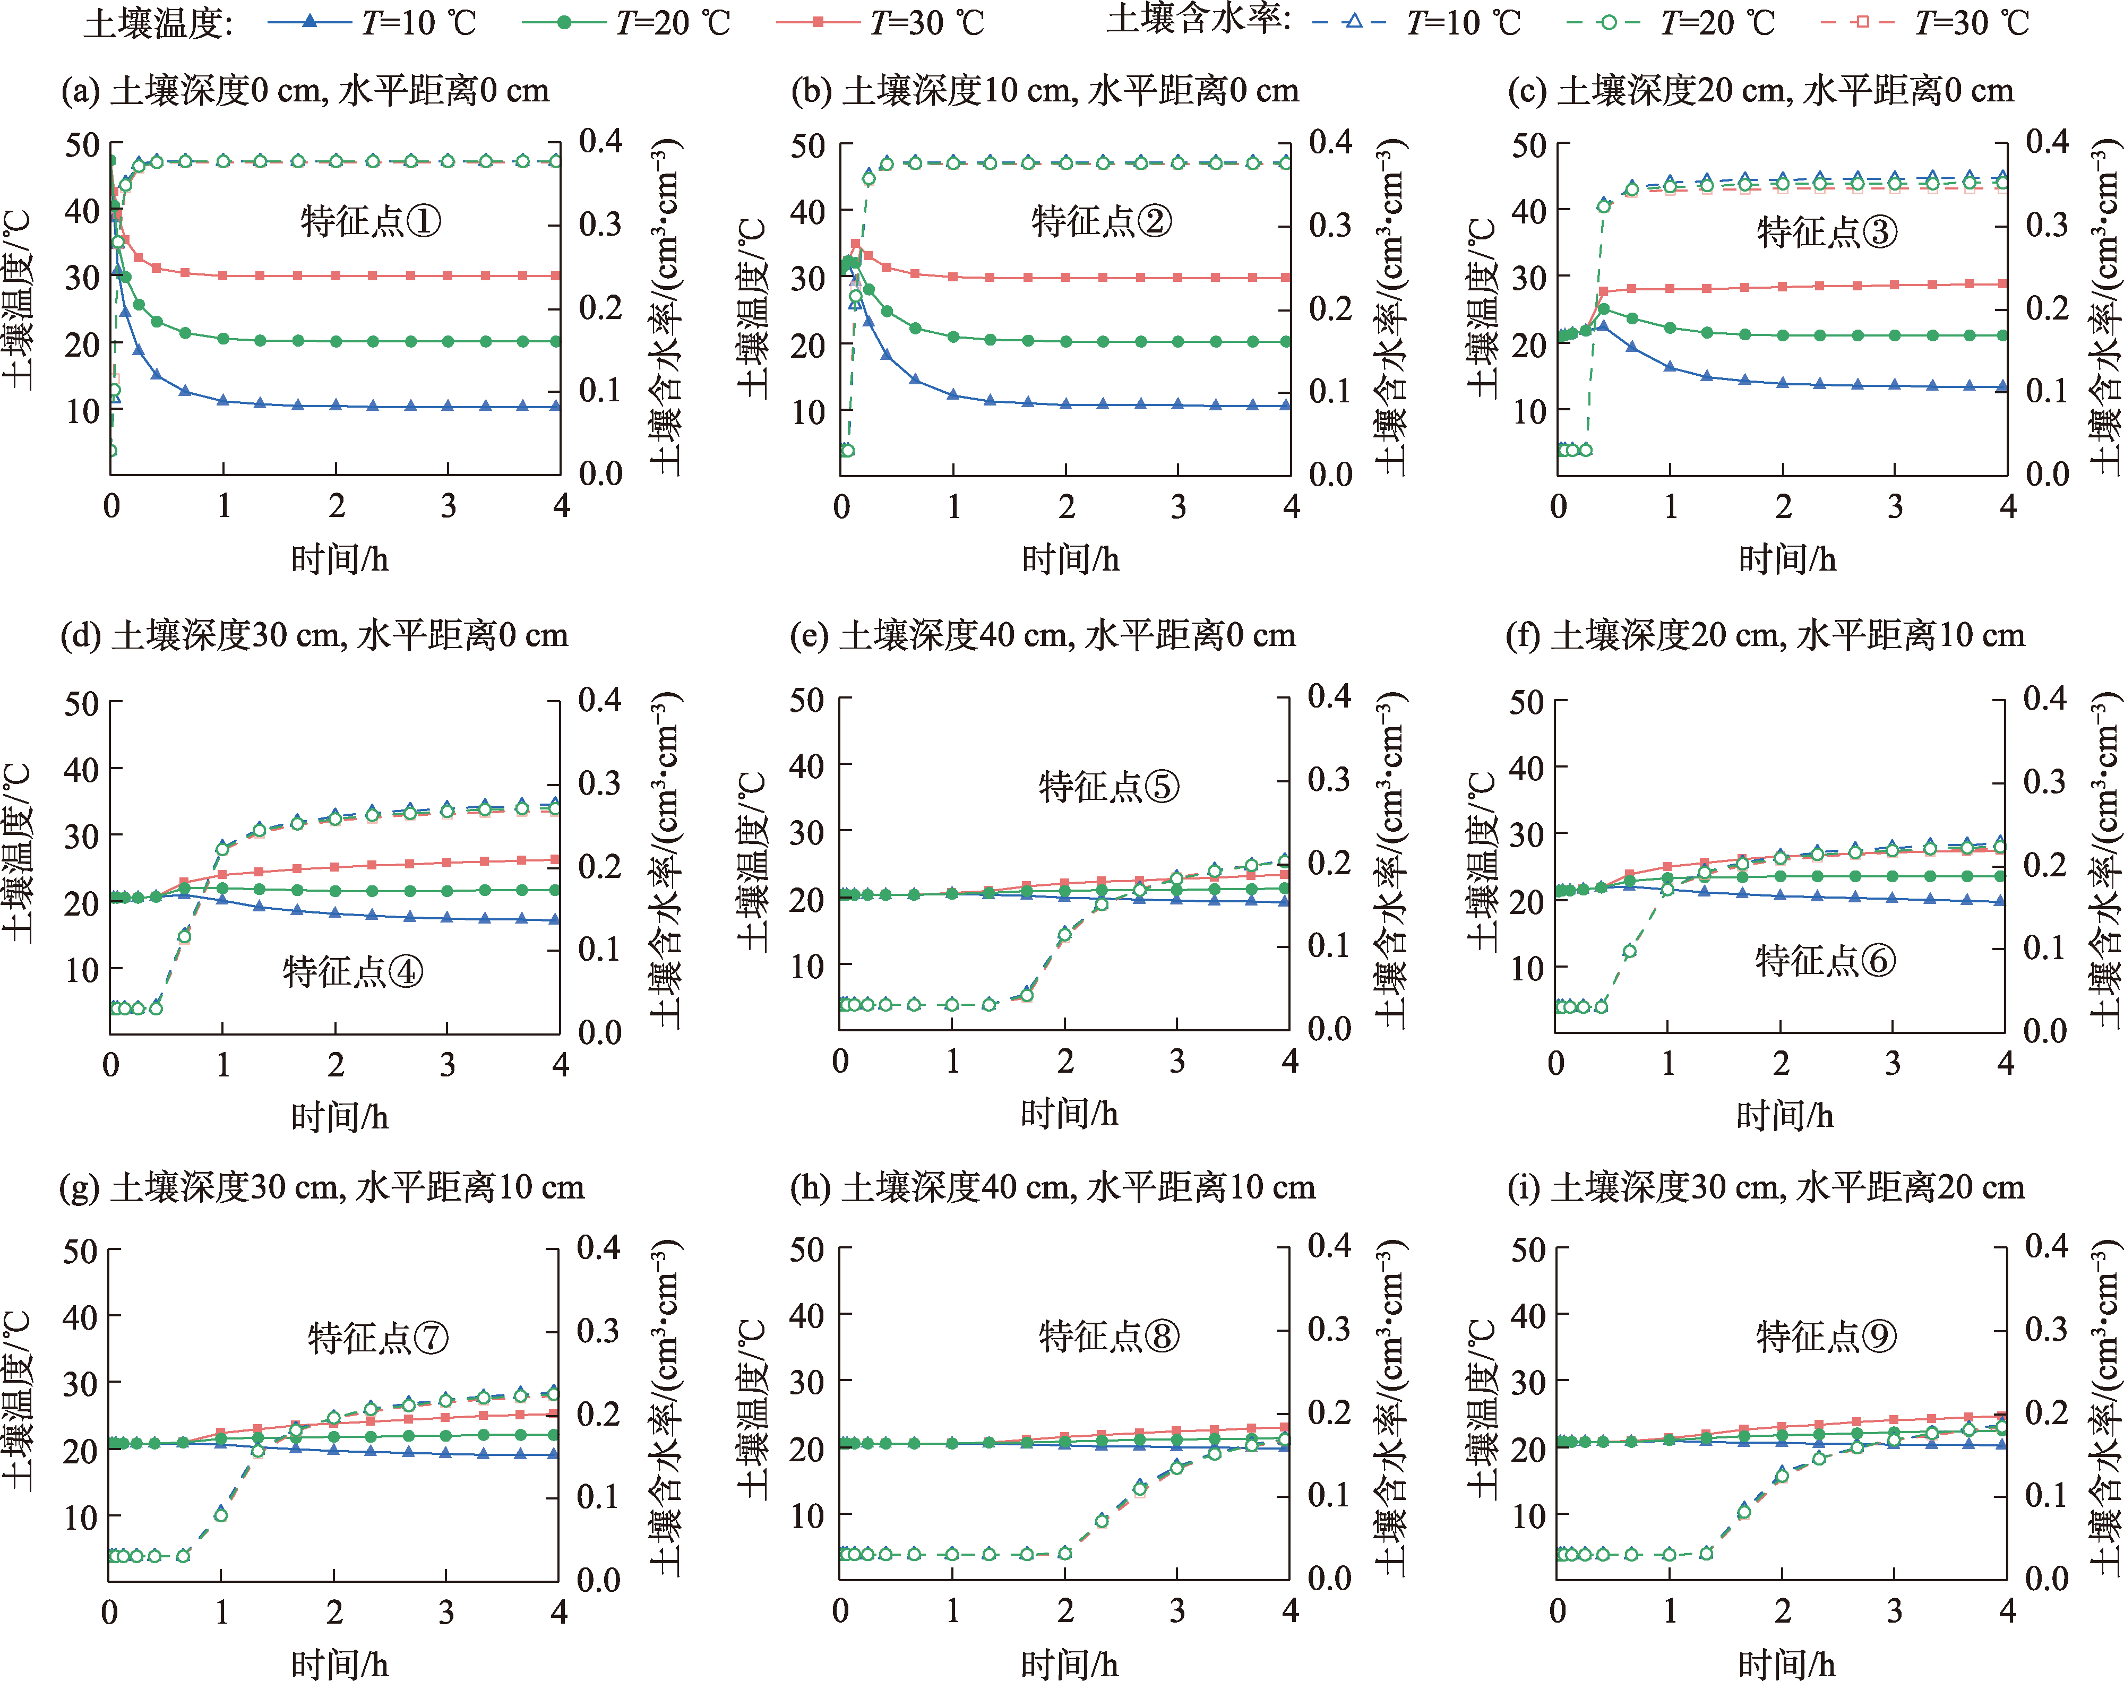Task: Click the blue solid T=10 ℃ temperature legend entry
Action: (372, 22)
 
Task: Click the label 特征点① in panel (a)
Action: (370, 221)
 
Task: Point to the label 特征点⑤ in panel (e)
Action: (1108, 787)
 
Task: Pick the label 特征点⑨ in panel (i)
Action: (1826, 1337)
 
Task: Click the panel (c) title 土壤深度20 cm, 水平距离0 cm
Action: (1760, 91)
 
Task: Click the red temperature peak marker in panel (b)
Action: (855, 244)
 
